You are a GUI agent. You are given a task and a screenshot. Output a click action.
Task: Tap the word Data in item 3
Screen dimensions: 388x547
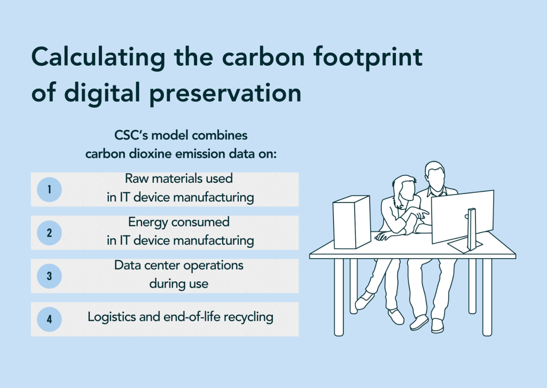click(x=127, y=265)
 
